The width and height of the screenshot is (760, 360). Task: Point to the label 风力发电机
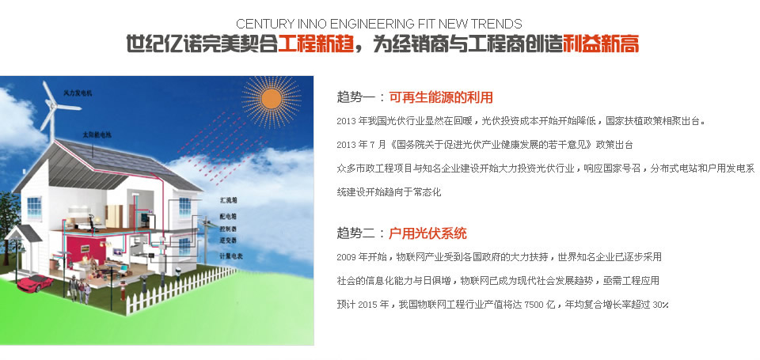click(78, 93)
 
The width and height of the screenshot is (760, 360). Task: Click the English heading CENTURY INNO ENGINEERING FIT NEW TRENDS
click(379, 24)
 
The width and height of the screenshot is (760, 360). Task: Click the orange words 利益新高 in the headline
click(601, 44)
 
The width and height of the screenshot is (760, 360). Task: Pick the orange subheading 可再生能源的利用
click(441, 97)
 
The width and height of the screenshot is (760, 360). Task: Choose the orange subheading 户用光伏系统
click(427, 233)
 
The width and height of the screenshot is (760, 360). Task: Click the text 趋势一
click(355, 97)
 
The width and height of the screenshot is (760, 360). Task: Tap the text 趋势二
click(355, 233)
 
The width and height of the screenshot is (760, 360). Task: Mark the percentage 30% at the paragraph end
click(661, 305)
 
